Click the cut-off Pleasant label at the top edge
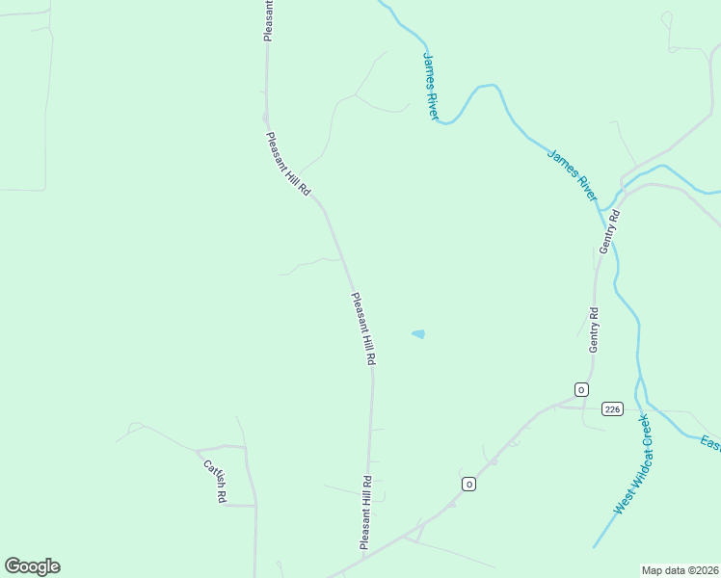(269, 20)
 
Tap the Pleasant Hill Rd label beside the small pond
(363, 328)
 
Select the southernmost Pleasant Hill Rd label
(366, 512)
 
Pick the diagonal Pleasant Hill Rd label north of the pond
(288, 165)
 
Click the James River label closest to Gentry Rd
(573, 174)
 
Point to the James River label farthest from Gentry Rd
(430, 85)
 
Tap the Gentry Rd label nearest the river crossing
(609, 231)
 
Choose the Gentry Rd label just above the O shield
(594, 329)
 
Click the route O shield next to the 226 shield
(581, 389)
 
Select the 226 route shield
(612, 408)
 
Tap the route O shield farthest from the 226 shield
(469, 484)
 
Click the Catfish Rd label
(214, 481)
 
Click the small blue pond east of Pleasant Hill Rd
(418, 334)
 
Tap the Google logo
(32, 566)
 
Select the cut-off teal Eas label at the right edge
(711, 443)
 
